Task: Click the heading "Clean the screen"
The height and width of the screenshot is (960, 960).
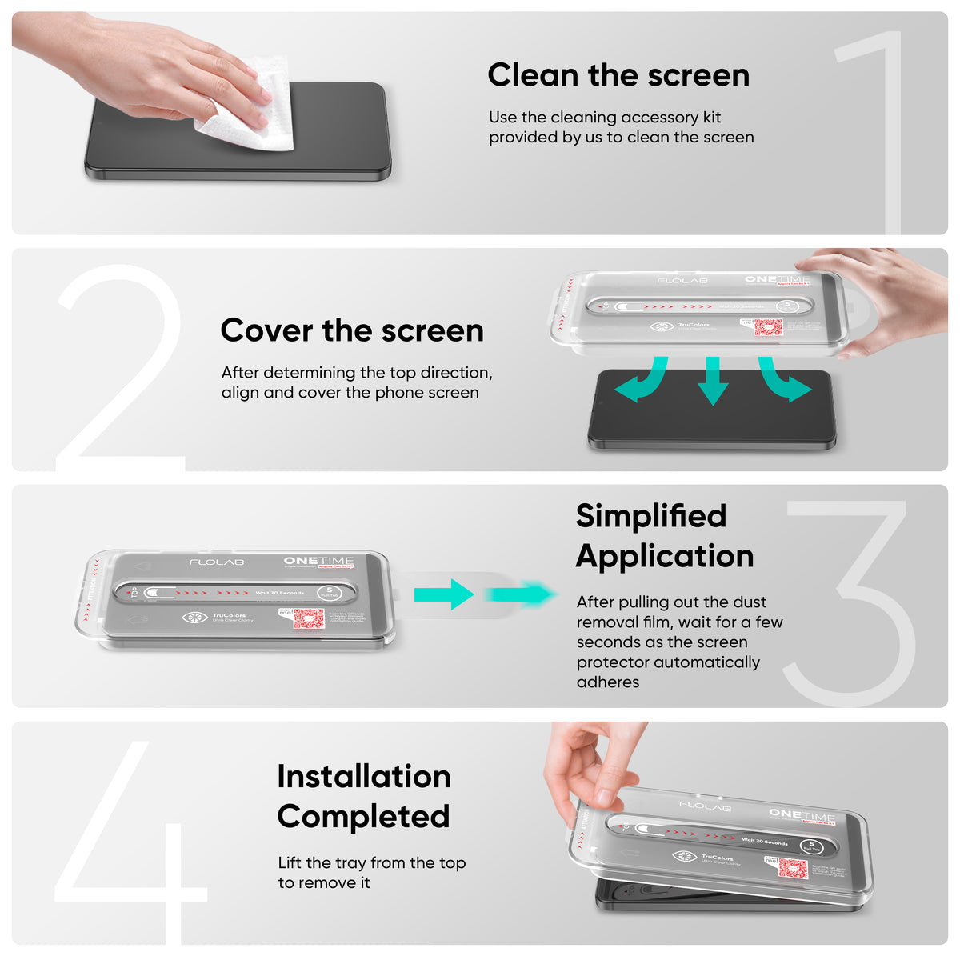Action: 618,75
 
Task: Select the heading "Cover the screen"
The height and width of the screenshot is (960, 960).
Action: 352,330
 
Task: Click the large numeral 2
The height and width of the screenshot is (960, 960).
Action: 120,368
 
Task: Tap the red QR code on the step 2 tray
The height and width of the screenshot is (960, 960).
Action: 767,327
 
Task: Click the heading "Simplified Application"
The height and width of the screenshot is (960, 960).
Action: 664,536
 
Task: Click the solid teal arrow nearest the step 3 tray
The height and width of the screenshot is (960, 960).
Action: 444,594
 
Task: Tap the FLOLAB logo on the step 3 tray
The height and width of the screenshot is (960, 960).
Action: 217,562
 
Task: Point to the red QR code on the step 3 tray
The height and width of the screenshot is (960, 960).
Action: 308,618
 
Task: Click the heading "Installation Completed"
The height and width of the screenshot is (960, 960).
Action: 364,796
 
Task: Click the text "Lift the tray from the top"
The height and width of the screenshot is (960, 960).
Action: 371,862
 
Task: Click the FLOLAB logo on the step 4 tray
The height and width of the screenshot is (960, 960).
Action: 705,806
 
